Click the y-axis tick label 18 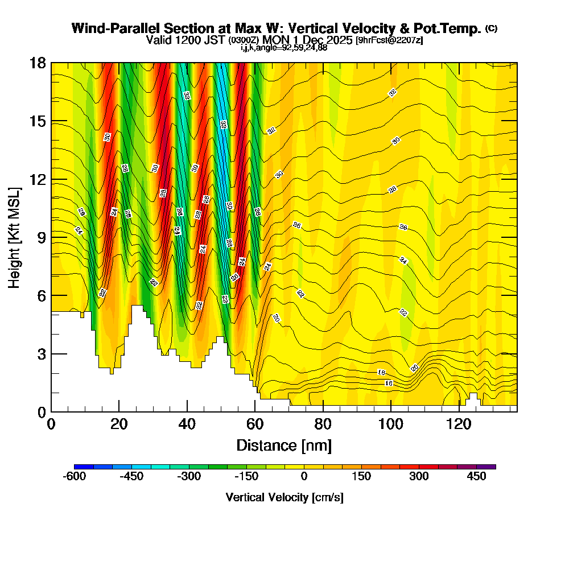pyautogui.click(x=37, y=63)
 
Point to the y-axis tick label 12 pyautogui.click(x=37, y=179)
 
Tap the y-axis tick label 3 pyautogui.click(x=41, y=354)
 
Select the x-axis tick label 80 pyautogui.click(x=323, y=424)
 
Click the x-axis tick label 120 pyautogui.click(x=459, y=424)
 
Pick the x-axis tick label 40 pyautogui.click(x=187, y=424)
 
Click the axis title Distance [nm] pyautogui.click(x=284, y=445)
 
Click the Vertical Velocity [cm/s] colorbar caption pyautogui.click(x=284, y=497)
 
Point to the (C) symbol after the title pyautogui.click(x=491, y=28)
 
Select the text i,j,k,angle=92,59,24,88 pyautogui.click(x=284, y=47)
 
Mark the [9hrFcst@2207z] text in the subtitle pyautogui.click(x=389, y=40)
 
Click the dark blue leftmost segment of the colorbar pyautogui.click(x=84, y=467)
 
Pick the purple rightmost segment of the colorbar pyautogui.click(x=486, y=467)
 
